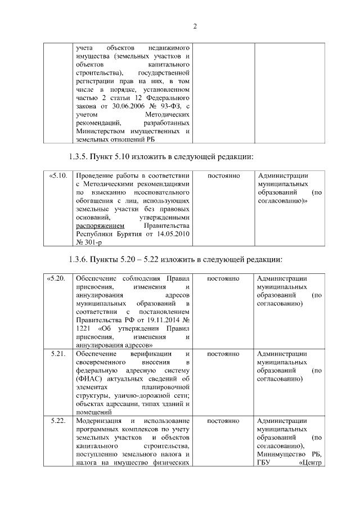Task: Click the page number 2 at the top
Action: click(x=193, y=26)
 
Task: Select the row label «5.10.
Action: click(x=58, y=176)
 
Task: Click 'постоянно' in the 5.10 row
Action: click(x=224, y=176)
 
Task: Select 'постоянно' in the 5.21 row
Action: click(x=224, y=354)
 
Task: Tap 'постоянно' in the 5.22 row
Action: click(x=224, y=421)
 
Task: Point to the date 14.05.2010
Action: click(x=172, y=235)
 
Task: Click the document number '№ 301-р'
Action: click(x=89, y=243)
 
